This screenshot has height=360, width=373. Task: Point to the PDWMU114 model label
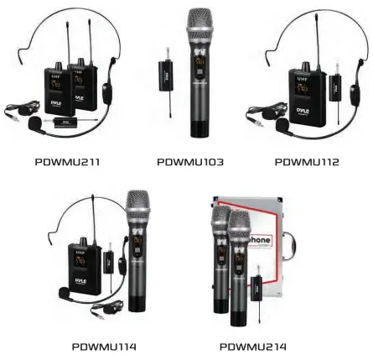pyautogui.click(x=104, y=345)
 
